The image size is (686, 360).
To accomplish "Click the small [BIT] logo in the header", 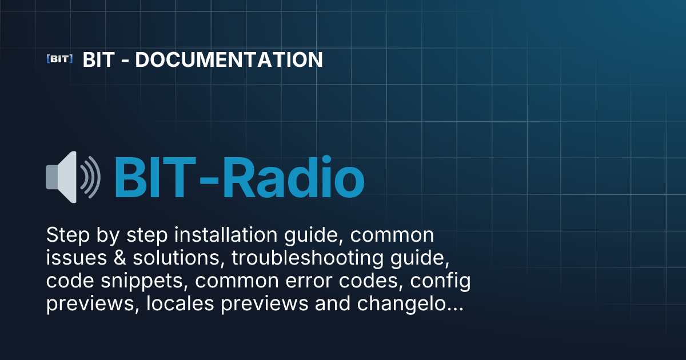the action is click(x=59, y=59).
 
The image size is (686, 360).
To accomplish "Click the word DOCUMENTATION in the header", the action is click(x=229, y=59).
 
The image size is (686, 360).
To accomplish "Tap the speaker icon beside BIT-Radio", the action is click(x=73, y=177).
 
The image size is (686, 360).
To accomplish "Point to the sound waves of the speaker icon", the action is click(x=91, y=177).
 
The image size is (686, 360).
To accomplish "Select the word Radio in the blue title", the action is click(x=293, y=178).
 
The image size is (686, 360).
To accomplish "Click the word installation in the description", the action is click(x=226, y=235).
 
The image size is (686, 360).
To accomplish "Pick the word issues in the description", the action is click(x=77, y=258).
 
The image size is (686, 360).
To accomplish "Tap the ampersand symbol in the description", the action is click(x=119, y=258).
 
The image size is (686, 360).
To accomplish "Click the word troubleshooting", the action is click(x=308, y=258).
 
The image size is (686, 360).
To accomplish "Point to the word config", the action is click(x=440, y=281).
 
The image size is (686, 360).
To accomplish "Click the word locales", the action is click(x=180, y=303).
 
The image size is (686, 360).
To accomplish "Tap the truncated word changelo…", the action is click(x=410, y=303).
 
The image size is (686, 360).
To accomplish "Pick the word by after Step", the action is click(x=108, y=235).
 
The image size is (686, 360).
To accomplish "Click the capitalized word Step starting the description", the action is click(x=68, y=235).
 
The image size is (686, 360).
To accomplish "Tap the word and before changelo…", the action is click(x=333, y=303).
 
